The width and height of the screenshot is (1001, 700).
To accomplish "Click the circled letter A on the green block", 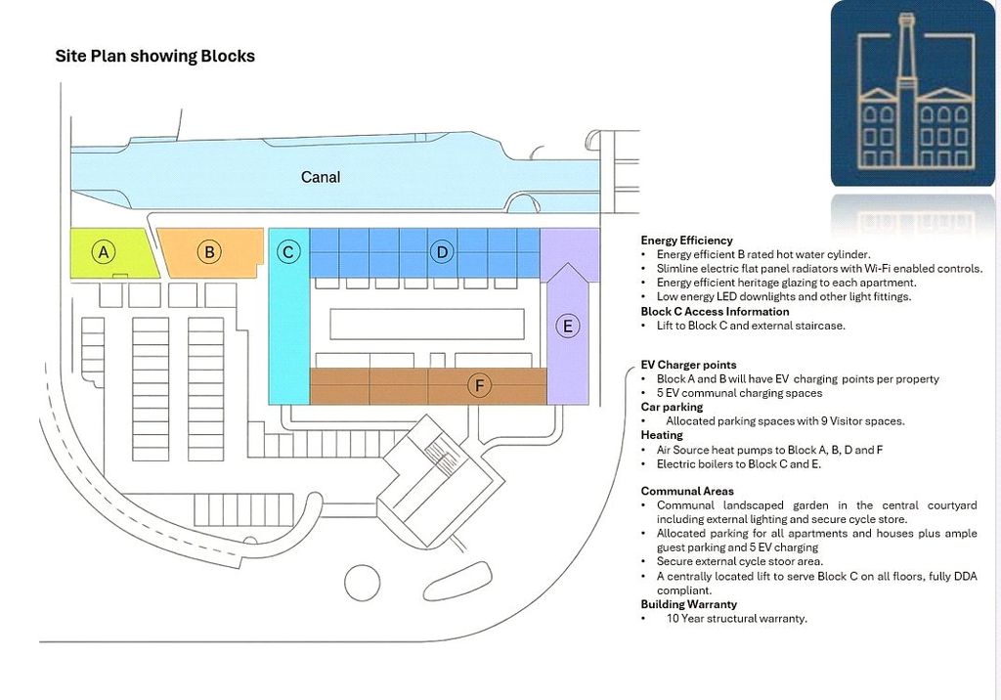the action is click(x=104, y=252).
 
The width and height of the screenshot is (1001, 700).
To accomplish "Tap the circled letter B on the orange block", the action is click(x=209, y=252).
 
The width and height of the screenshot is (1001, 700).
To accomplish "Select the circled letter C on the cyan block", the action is click(x=288, y=252).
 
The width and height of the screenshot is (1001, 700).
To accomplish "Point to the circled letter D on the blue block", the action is click(x=442, y=252).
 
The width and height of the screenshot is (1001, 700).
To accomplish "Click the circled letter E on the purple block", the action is click(x=568, y=327).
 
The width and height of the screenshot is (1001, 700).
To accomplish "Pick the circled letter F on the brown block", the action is click(x=479, y=386).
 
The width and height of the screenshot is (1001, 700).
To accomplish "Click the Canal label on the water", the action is click(x=321, y=177).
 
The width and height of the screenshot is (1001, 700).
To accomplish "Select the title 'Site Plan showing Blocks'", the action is click(x=155, y=56).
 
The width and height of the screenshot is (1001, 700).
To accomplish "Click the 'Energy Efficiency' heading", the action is click(x=686, y=241).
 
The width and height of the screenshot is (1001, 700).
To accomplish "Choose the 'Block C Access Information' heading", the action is click(x=715, y=312).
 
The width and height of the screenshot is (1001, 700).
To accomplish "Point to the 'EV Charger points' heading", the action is click(x=689, y=365).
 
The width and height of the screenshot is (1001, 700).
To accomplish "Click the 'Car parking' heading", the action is click(x=672, y=407).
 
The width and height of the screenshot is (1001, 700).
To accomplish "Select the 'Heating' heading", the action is click(x=662, y=435).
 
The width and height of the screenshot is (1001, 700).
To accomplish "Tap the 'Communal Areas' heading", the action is click(x=687, y=491).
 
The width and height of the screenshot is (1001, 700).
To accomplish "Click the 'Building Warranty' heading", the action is click(x=689, y=604).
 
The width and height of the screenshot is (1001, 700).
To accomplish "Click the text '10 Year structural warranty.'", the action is click(x=737, y=618).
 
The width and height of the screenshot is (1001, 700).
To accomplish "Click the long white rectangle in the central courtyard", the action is click(x=427, y=324).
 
